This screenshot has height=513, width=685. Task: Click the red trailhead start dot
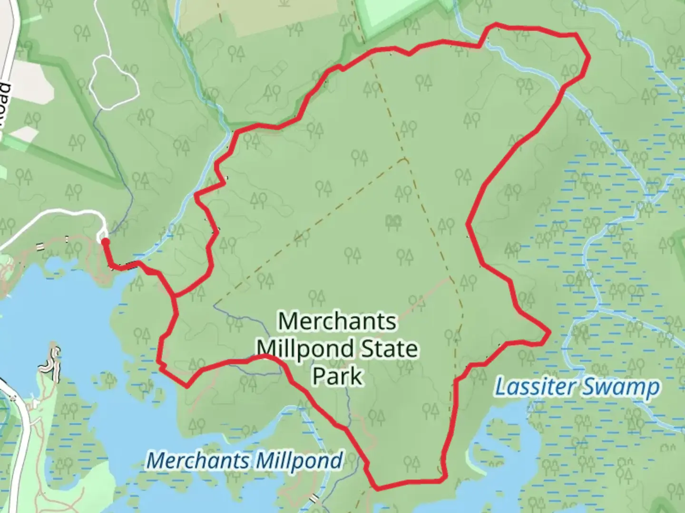105,242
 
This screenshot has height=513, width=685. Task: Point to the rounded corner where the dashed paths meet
405,160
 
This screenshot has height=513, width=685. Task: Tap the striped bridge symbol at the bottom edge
313,498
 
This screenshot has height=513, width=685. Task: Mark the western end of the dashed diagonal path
215,303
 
